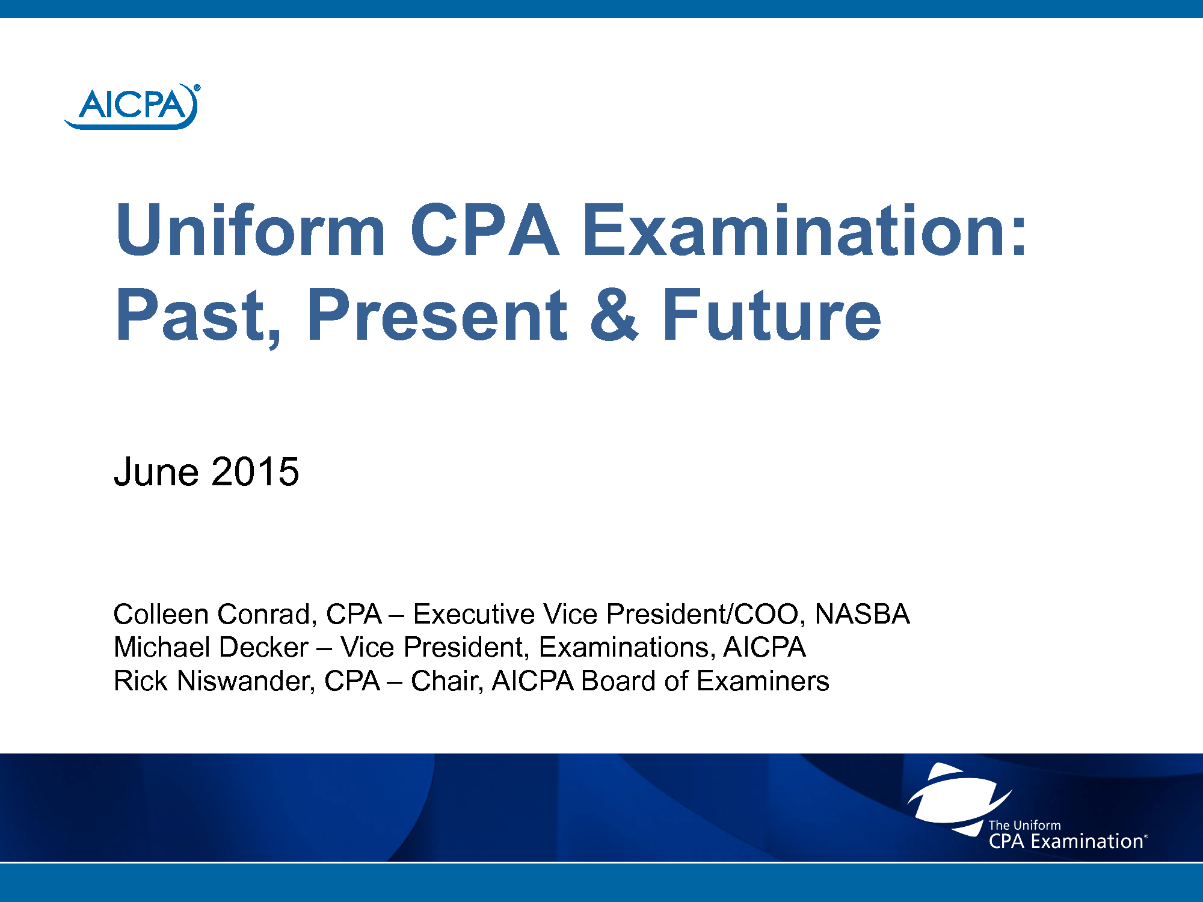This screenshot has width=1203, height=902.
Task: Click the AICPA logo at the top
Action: point(132,106)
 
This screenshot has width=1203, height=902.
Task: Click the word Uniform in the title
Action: point(250,230)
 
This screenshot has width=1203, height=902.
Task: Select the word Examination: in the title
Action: point(805,230)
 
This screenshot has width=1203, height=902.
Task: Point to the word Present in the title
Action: point(437,315)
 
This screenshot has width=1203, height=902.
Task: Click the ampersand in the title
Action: point(614,315)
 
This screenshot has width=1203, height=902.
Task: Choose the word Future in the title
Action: point(772,315)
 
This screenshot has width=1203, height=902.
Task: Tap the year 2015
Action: point(255,471)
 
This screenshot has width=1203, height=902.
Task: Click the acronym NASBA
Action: point(862,614)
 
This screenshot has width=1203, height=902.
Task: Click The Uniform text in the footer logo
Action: point(1024,825)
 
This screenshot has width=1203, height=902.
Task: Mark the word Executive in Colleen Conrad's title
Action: point(475,614)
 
